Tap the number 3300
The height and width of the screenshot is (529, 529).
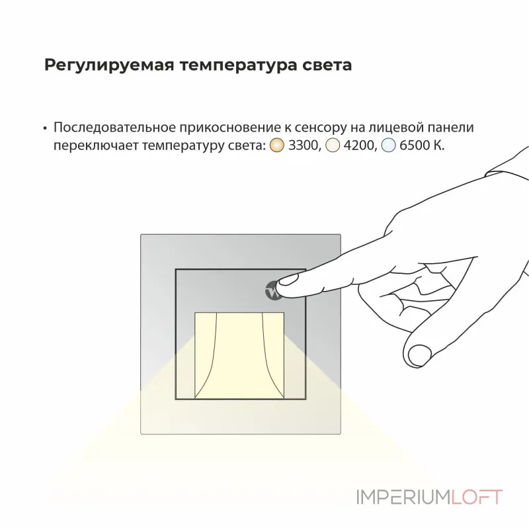(x=304, y=146)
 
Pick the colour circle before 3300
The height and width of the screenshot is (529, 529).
(x=278, y=146)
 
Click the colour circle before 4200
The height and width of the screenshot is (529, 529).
(x=334, y=146)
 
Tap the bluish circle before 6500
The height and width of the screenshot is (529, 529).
(x=389, y=146)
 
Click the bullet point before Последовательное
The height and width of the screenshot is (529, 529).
(x=45, y=128)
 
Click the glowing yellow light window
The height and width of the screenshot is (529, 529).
(x=239, y=354)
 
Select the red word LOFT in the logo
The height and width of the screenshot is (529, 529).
(x=477, y=497)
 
